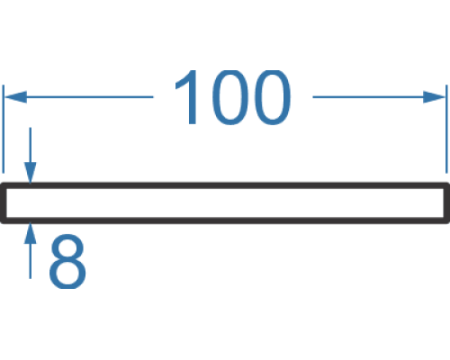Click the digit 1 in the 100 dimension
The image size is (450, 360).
(x=187, y=97)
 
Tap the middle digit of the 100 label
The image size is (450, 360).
(x=230, y=97)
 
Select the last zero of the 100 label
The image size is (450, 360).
(x=272, y=97)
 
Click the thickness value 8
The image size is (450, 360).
(x=67, y=261)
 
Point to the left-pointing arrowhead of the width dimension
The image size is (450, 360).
(x=15, y=97)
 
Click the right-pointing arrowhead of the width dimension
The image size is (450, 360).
(x=434, y=97)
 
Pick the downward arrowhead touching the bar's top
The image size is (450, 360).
(x=30, y=172)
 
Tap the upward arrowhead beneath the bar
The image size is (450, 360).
(x=30, y=233)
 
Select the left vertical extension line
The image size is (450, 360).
(x=3, y=129)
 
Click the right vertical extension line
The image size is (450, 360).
(x=446, y=129)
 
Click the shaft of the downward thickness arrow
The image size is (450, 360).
(x=30, y=145)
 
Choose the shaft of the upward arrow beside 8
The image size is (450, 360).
(x=30, y=261)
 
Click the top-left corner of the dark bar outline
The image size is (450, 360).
(x=1, y=183)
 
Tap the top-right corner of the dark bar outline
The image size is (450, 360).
(x=448, y=183)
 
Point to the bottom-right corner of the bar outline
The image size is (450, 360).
(x=448, y=222)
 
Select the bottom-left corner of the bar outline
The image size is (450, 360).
(x=1, y=222)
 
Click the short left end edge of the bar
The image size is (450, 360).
(x=4, y=202)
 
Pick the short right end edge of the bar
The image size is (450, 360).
(x=446, y=202)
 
